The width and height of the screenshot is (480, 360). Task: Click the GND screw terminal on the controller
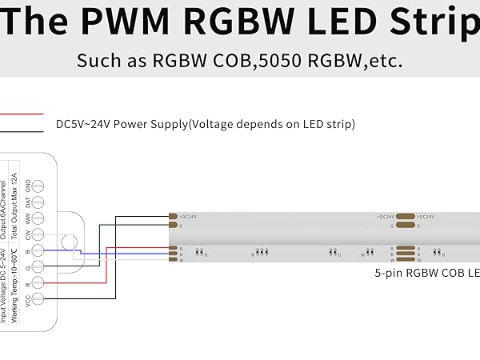pos(38,185)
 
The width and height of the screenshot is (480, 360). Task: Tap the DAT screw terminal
pos(38,202)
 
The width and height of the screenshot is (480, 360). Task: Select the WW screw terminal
pos(38,218)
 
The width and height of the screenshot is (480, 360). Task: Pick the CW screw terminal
pos(38,235)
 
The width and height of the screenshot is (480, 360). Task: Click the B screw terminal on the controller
pos(38,251)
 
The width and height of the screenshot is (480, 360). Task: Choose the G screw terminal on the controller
pos(38,268)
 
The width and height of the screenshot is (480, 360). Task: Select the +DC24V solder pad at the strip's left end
pos(173,216)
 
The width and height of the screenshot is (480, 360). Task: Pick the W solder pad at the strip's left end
pos(173,260)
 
